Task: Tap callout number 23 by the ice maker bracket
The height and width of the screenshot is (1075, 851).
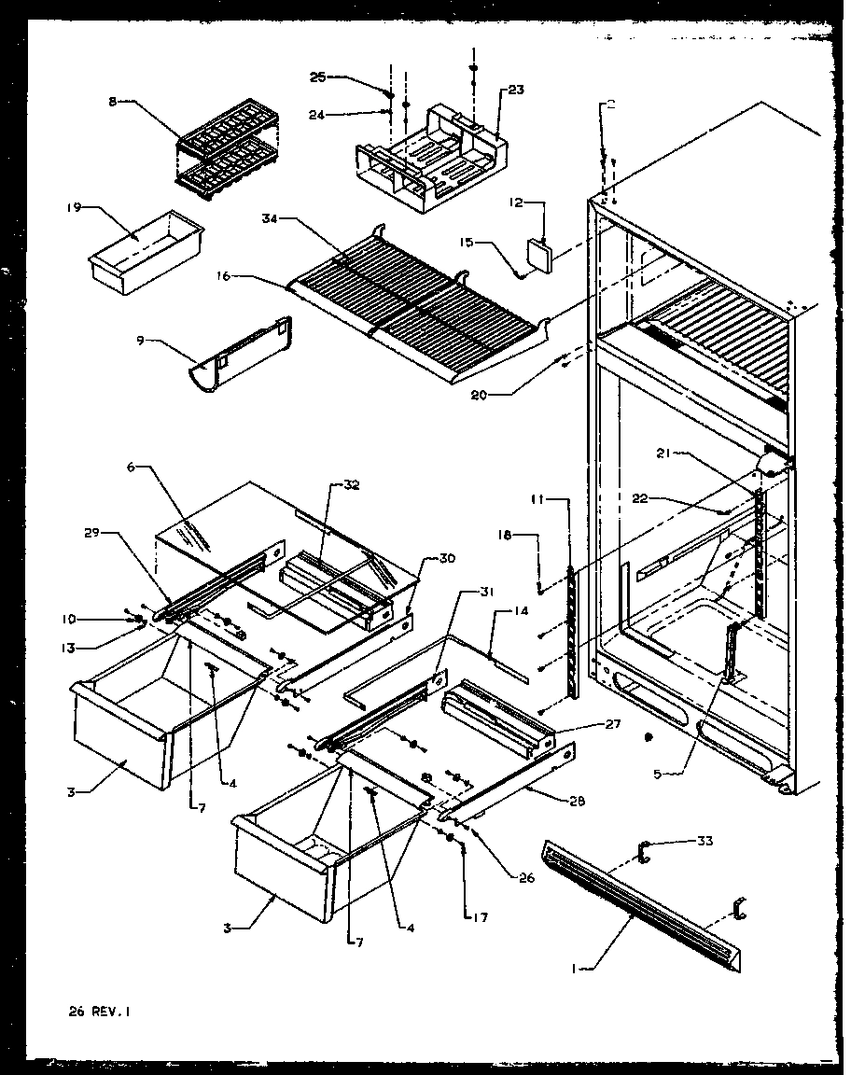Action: point(515,91)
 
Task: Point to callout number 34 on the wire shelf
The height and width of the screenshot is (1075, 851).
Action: point(271,220)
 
